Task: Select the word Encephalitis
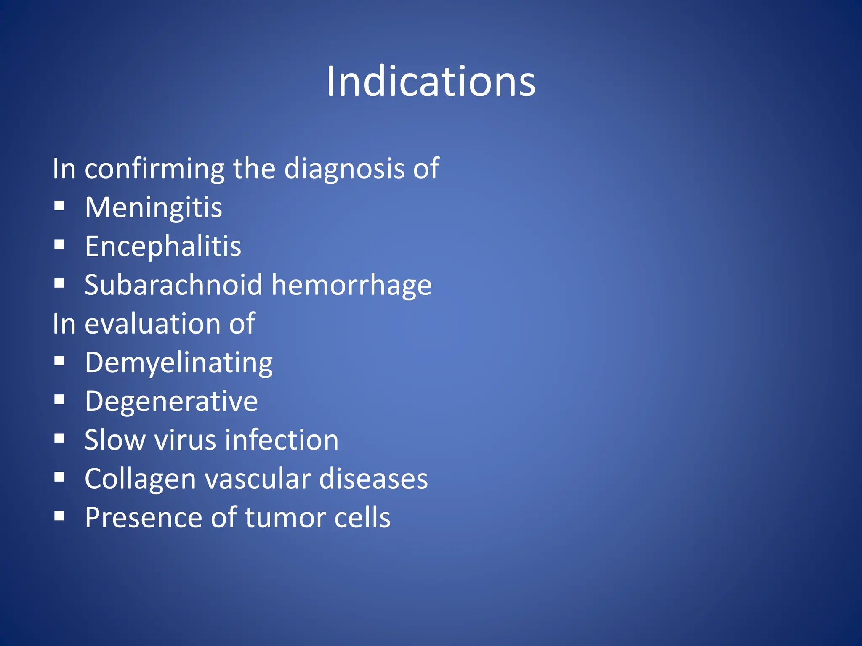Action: click(163, 246)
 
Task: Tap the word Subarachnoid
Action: click(173, 285)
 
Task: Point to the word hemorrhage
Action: click(351, 286)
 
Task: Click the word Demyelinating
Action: click(178, 363)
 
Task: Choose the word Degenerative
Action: click(171, 402)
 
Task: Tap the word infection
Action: click(282, 440)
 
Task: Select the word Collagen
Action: click(140, 479)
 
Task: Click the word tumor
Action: click(286, 517)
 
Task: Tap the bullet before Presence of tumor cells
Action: click(59, 516)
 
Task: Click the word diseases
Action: click(373, 479)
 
